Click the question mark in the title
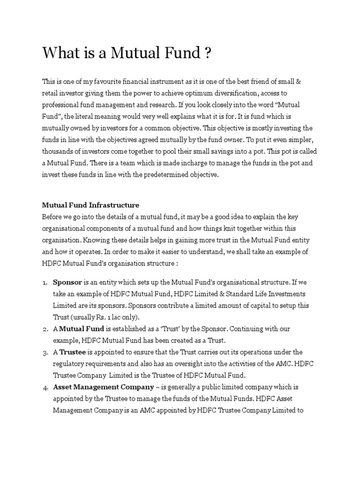(x=207, y=54)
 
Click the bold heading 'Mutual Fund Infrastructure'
(x=90, y=205)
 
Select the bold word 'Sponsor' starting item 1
(x=67, y=283)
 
